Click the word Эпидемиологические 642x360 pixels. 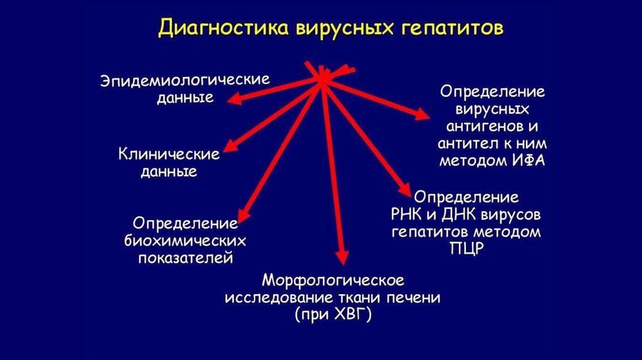click(186, 82)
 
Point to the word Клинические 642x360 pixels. click(169, 154)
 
